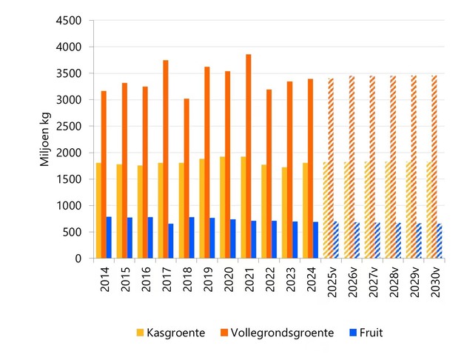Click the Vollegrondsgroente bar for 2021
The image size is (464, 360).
click(249, 156)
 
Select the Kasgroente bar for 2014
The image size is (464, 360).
click(98, 210)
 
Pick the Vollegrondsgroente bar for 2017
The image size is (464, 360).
click(166, 159)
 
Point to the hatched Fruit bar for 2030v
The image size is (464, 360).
click(440, 241)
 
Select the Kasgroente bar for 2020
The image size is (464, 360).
click(222, 207)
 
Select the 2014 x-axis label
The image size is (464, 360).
click(104, 279)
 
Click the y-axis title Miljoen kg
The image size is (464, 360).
click(45, 139)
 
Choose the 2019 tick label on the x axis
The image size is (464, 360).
click(207, 279)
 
